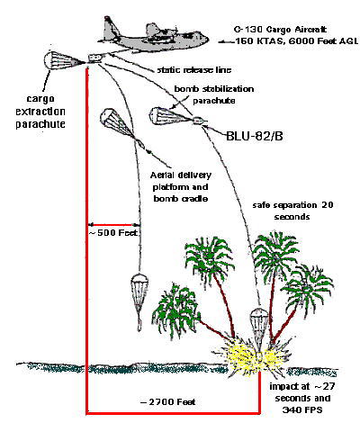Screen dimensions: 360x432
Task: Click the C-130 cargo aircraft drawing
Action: click(x=153, y=35)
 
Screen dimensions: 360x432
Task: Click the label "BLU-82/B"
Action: click(x=255, y=136)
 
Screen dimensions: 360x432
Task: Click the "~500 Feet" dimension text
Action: click(x=113, y=233)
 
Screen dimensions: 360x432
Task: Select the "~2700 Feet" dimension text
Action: click(x=168, y=401)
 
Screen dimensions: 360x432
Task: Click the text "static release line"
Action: click(x=194, y=70)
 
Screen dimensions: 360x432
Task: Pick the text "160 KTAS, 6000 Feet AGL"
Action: click(x=296, y=41)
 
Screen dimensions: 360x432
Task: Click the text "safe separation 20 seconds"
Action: click(x=292, y=211)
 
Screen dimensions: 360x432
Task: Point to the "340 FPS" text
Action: click(x=302, y=409)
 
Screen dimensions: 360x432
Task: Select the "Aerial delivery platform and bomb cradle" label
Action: click(x=181, y=186)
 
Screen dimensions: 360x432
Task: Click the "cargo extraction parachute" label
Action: click(x=40, y=112)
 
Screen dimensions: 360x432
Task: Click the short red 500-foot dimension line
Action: click(x=113, y=224)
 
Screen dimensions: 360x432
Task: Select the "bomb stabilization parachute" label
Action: click(x=214, y=94)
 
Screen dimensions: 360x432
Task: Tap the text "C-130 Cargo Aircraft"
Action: click(x=280, y=30)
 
